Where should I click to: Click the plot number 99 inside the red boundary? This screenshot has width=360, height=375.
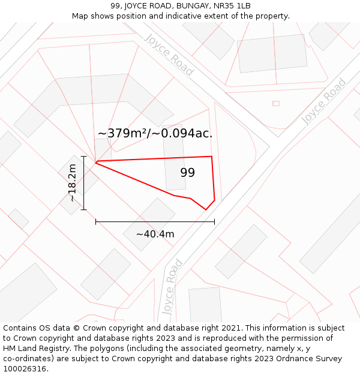188,173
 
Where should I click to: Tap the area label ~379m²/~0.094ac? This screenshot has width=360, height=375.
155,133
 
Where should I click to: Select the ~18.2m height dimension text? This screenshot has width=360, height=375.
73,183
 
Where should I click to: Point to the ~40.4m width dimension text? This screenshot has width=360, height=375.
155,234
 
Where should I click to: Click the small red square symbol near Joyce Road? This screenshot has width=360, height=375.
276,103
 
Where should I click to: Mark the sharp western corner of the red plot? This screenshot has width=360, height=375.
96,162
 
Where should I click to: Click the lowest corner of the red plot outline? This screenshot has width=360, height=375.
206,209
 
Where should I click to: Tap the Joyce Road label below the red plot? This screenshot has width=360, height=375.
172,287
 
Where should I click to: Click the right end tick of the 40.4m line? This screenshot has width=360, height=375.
214,222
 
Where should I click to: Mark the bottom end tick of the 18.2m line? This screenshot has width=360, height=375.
83,209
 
